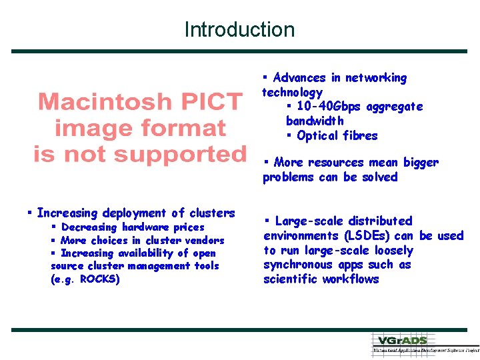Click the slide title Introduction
[x=239, y=29]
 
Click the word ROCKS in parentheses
[x=99, y=279]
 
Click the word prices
[x=189, y=227]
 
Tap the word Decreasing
[x=89, y=227]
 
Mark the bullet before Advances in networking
[x=265, y=77]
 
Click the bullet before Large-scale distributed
[x=267, y=221]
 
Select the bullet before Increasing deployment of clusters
[x=29, y=213]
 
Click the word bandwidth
[x=315, y=121]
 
